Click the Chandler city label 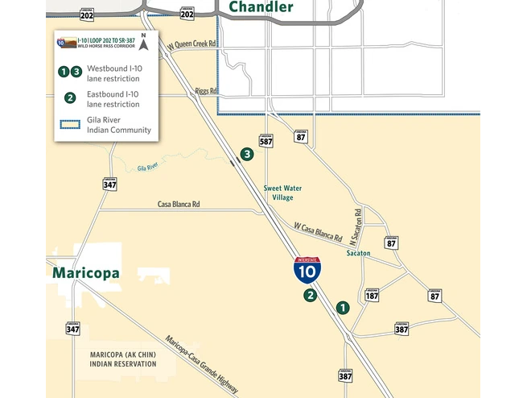coord(261,7)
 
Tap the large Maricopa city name coord(86,273)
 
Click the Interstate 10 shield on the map coord(307,270)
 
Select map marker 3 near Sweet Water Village coord(247,154)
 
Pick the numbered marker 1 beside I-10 coord(343,307)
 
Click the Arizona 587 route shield coord(266,140)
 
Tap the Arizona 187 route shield coord(372,295)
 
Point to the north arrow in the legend coord(144,41)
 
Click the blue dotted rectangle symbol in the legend coord(69,124)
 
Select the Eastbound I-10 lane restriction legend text coord(113,98)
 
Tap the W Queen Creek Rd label coord(191,48)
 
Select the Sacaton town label coord(358,253)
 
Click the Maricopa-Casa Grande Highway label coord(201,364)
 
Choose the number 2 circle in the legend coord(70,98)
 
